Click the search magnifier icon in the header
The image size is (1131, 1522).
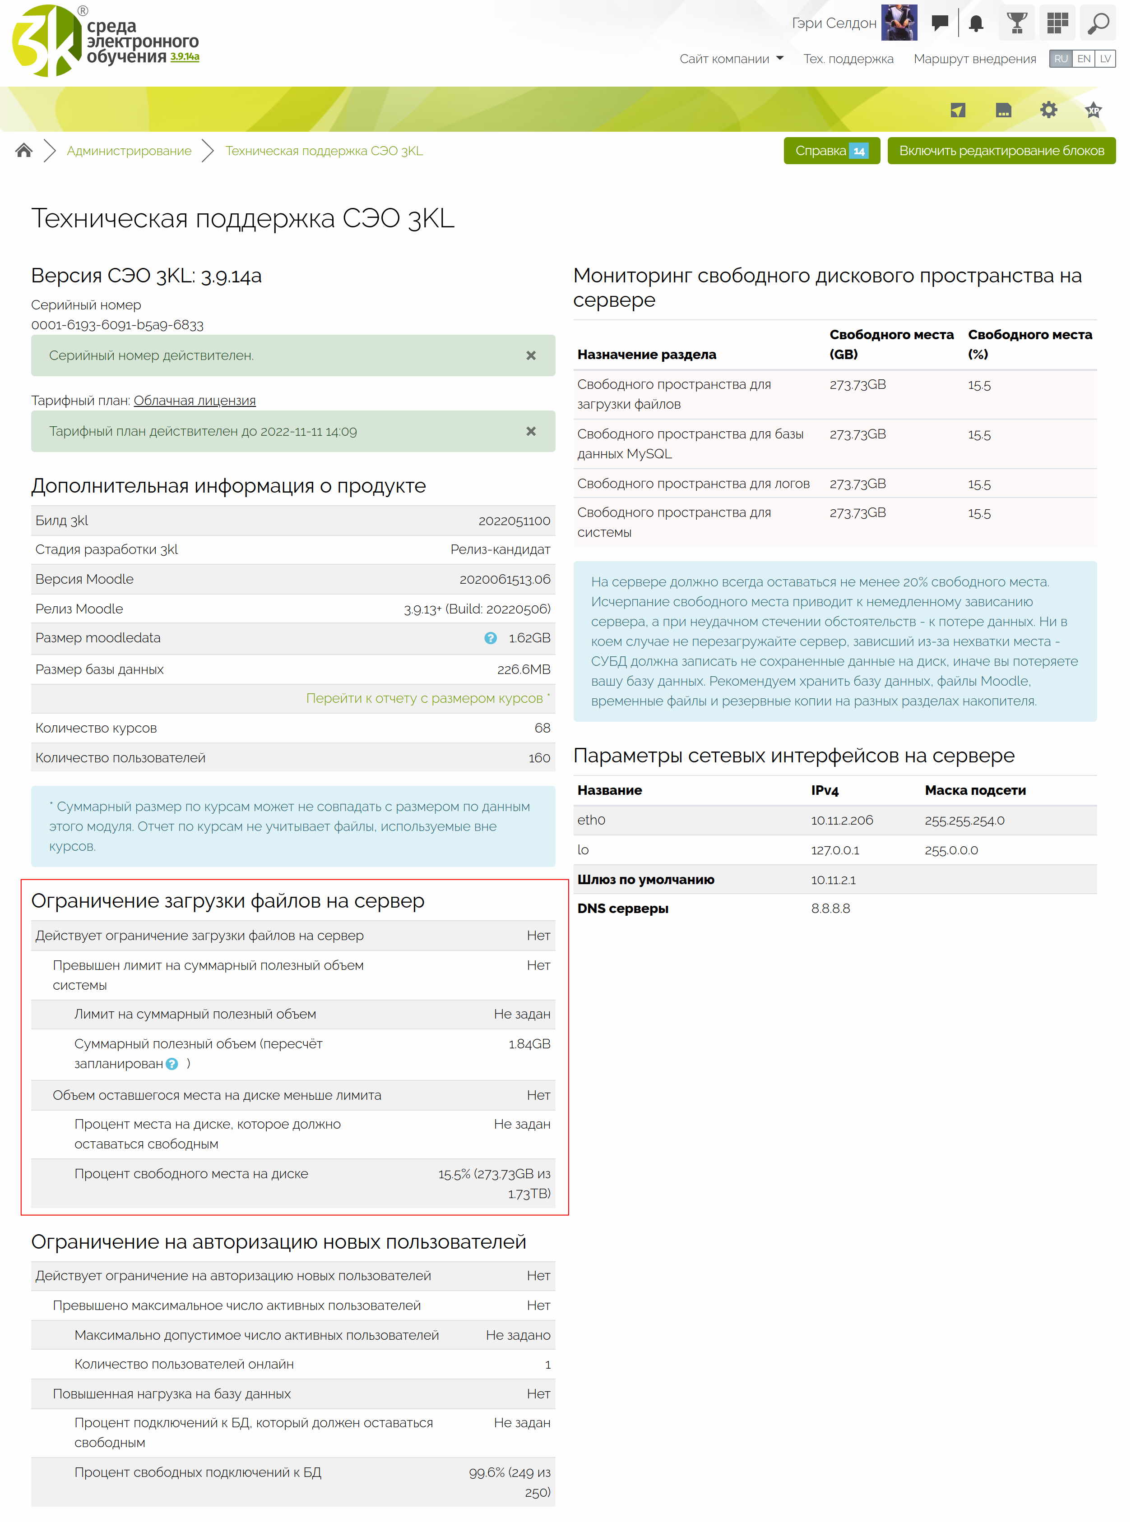click(x=1098, y=23)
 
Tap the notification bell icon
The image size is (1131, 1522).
click(x=976, y=23)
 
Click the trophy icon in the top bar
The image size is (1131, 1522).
click(x=1017, y=23)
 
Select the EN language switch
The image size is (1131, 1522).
click(x=1083, y=59)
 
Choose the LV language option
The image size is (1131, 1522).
click(x=1105, y=59)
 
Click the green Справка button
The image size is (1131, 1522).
click(x=831, y=151)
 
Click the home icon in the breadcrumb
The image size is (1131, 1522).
click(x=24, y=151)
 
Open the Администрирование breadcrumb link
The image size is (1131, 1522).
click(x=129, y=151)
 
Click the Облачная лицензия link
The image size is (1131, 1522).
click(x=195, y=400)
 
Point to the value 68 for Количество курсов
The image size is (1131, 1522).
click(x=542, y=728)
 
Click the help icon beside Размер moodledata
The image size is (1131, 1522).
click(x=490, y=638)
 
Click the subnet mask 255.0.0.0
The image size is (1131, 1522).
click(x=951, y=850)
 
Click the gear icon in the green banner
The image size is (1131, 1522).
click(x=1048, y=110)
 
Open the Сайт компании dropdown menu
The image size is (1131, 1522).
click(x=731, y=59)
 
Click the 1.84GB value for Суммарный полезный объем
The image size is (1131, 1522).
click(x=529, y=1044)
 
